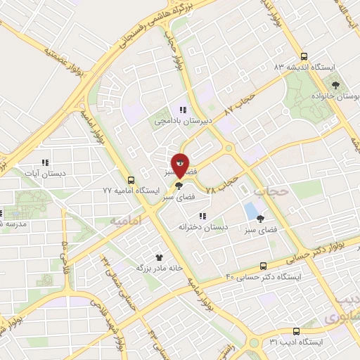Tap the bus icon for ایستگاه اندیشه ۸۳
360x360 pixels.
point(304,56)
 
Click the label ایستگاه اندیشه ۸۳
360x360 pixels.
point(304,67)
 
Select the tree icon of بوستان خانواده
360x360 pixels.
point(337,84)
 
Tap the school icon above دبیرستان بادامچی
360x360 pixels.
point(182,110)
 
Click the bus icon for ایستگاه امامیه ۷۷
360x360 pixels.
point(131,180)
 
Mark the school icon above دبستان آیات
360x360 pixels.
point(46,162)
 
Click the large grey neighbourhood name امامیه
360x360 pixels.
point(126,221)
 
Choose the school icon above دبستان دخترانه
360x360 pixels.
point(202,216)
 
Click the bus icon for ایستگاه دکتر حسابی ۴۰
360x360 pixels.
point(263,266)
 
